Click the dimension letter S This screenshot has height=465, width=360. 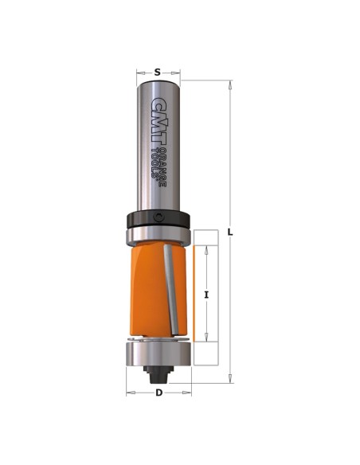tap(158, 72)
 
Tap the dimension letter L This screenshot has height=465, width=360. tap(230, 232)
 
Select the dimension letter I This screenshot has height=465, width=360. tap(206, 295)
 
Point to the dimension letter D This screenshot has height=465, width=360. tap(159, 393)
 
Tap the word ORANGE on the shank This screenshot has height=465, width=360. tap(162, 166)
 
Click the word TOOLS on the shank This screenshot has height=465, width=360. tap(155, 162)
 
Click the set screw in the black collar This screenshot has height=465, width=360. tap(159, 217)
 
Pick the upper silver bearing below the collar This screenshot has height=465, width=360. tap(158, 236)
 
